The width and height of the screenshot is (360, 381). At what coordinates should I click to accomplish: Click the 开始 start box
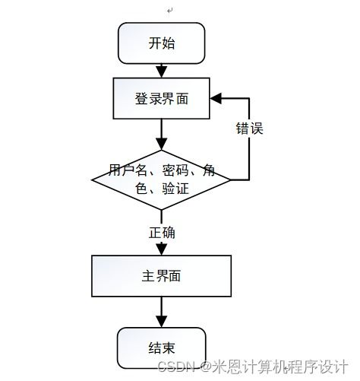point(161,43)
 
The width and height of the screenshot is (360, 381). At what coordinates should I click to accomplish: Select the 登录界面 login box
point(161,99)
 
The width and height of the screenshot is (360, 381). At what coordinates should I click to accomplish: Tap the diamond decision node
point(161,179)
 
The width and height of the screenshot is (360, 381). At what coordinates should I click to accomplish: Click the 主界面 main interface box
point(161,275)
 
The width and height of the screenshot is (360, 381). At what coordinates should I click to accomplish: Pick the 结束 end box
point(161,348)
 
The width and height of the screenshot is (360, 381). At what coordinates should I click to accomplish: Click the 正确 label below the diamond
point(162,233)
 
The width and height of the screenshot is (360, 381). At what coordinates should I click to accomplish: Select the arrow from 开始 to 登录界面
point(161,70)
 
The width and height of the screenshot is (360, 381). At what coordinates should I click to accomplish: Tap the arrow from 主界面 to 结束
point(161,312)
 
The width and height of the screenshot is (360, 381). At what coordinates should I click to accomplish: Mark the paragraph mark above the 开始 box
point(170,10)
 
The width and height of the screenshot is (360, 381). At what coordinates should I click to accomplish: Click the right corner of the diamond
point(230,180)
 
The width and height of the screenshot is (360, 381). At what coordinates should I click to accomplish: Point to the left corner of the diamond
point(93,180)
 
